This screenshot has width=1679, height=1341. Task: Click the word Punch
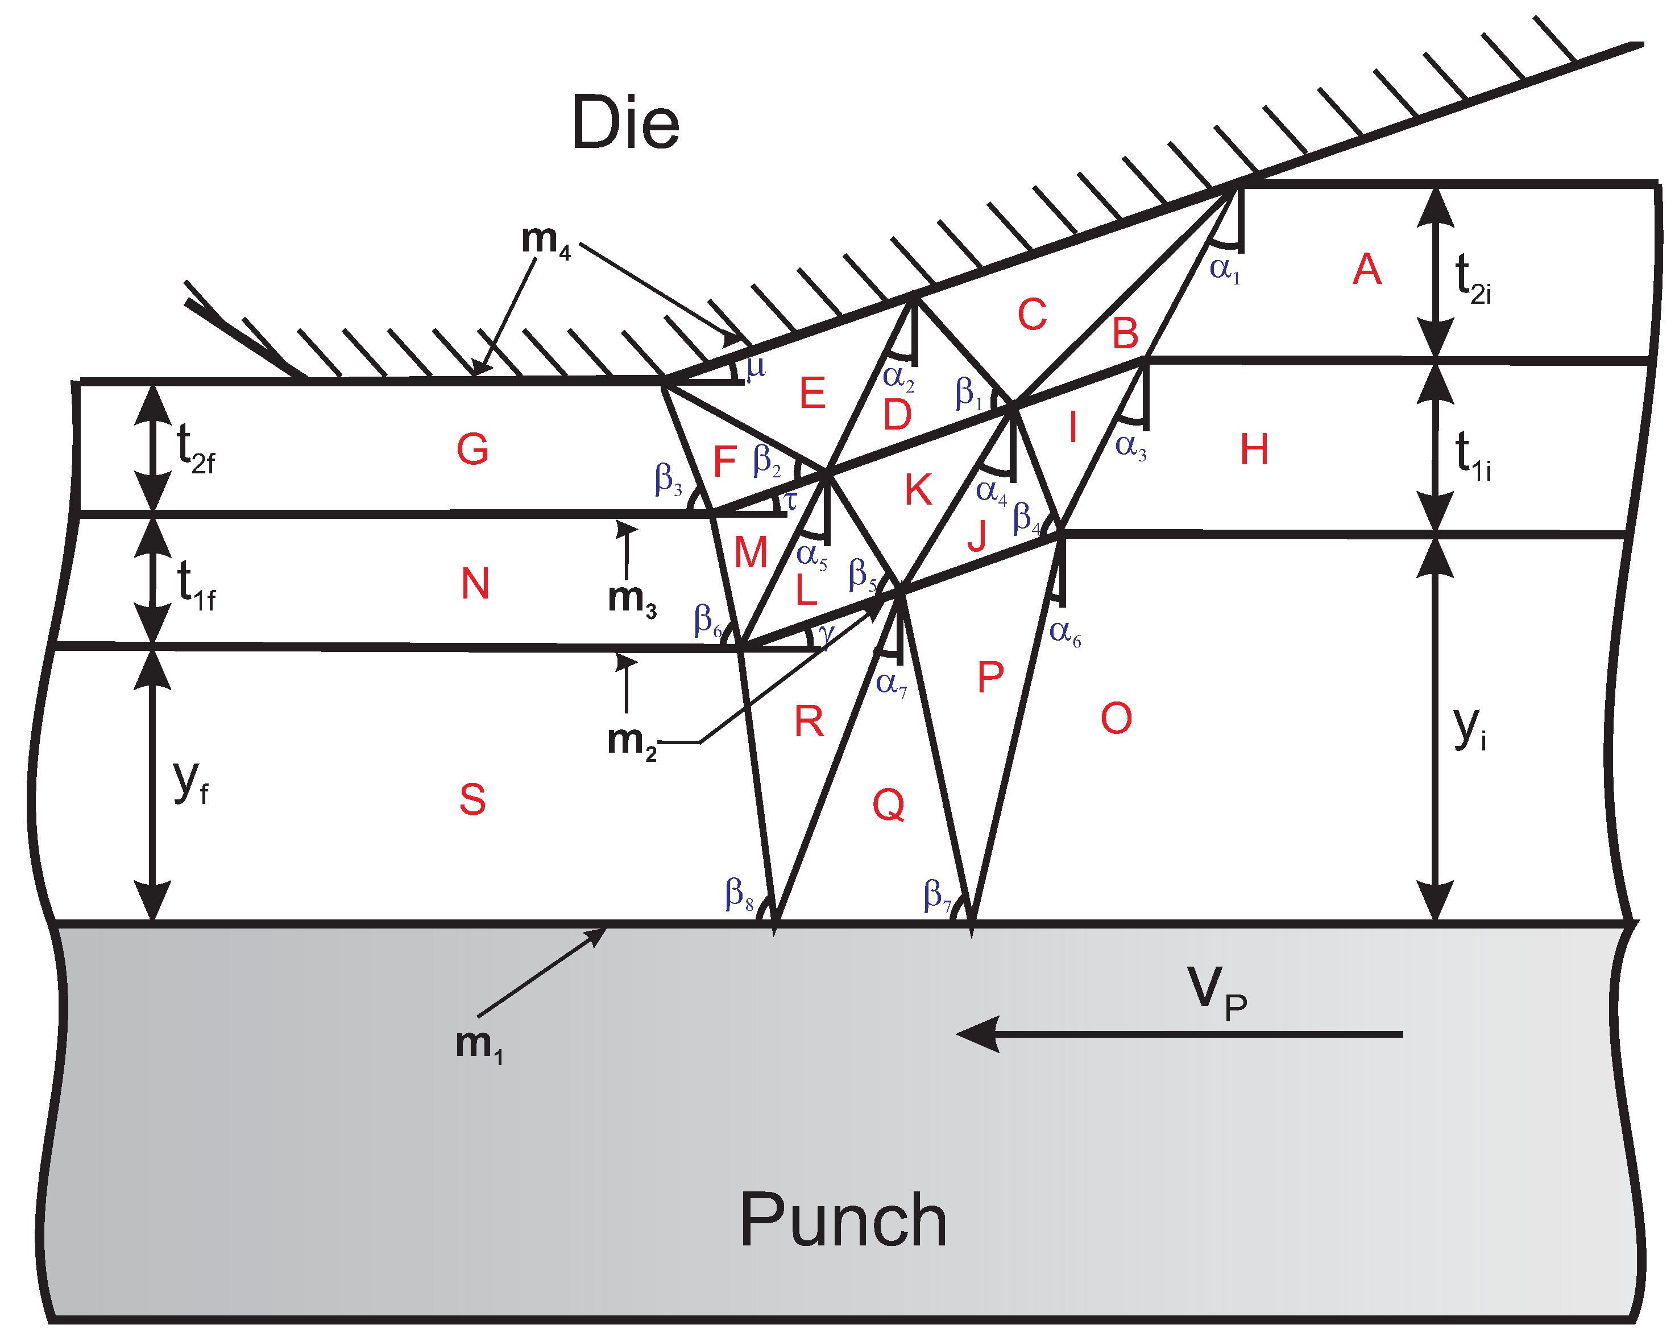click(x=843, y=1221)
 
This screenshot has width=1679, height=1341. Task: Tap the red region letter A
click(x=1367, y=270)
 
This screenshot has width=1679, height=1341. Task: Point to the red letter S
click(x=472, y=799)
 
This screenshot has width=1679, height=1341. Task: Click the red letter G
click(x=472, y=449)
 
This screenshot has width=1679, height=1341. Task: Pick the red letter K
click(x=918, y=490)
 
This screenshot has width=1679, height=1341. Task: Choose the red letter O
click(x=1116, y=717)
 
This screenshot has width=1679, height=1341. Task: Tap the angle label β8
click(x=738, y=894)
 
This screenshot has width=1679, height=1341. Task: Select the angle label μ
click(x=756, y=367)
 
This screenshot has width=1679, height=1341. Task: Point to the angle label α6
click(x=1064, y=633)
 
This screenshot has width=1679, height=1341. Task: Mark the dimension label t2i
click(x=1472, y=278)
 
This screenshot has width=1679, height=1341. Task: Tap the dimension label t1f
click(x=194, y=584)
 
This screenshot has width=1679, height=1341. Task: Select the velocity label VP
click(x=1216, y=991)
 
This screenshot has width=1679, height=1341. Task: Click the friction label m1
click(x=478, y=1044)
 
